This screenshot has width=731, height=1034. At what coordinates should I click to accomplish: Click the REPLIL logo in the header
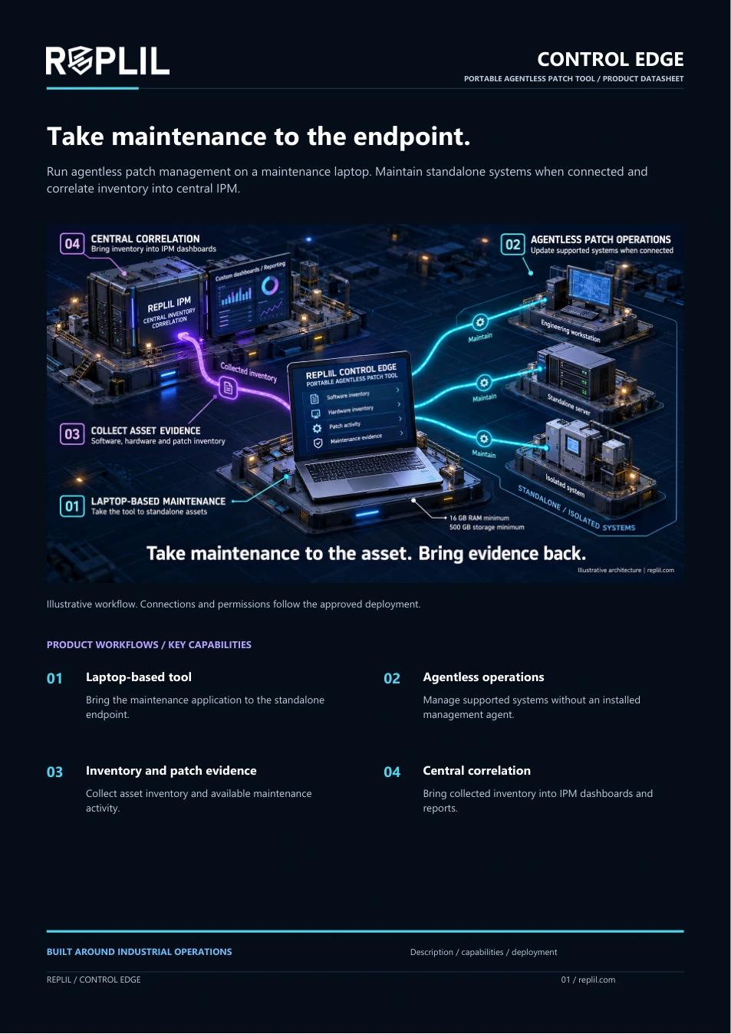click(107, 61)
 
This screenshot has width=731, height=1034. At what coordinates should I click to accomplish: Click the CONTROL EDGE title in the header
click(610, 59)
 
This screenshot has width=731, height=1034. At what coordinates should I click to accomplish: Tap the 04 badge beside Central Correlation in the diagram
click(72, 244)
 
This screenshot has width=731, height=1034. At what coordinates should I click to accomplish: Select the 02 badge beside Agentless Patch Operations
click(512, 244)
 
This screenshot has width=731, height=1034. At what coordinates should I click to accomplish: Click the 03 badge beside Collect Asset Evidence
click(72, 434)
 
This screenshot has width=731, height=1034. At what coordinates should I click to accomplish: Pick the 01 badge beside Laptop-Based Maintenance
click(72, 506)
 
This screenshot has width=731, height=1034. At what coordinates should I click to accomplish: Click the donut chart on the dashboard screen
click(270, 286)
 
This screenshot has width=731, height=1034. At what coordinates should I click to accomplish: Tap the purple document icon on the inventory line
click(228, 388)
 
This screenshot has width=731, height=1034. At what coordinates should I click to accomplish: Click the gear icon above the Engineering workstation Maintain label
click(480, 322)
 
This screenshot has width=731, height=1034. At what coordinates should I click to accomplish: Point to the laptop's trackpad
click(373, 482)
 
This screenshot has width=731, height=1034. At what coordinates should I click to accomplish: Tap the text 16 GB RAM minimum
click(479, 518)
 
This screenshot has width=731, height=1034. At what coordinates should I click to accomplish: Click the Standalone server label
click(568, 404)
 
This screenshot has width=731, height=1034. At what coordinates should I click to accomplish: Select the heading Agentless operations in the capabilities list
click(483, 677)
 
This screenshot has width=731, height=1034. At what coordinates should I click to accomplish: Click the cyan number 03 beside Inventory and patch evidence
click(54, 772)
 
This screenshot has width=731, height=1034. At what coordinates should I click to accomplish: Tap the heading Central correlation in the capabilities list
click(476, 770)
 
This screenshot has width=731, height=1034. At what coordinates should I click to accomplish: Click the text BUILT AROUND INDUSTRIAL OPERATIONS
click(140, 951)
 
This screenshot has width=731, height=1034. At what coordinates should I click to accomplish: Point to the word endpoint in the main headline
click(411, 137)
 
